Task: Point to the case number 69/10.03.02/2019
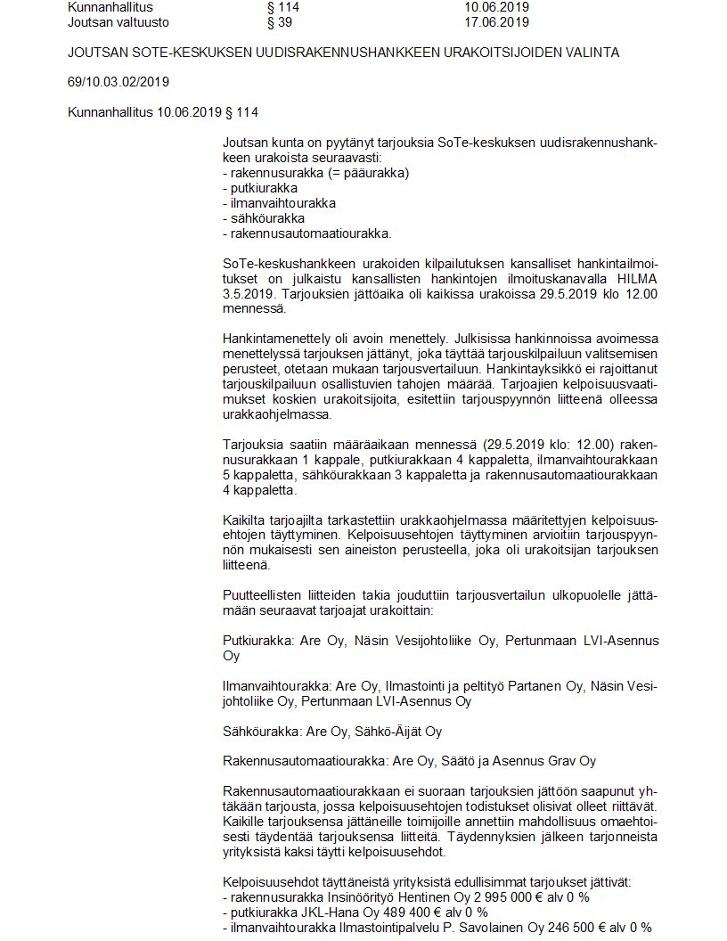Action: point(118,82)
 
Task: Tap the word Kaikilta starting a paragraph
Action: point(247,520)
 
